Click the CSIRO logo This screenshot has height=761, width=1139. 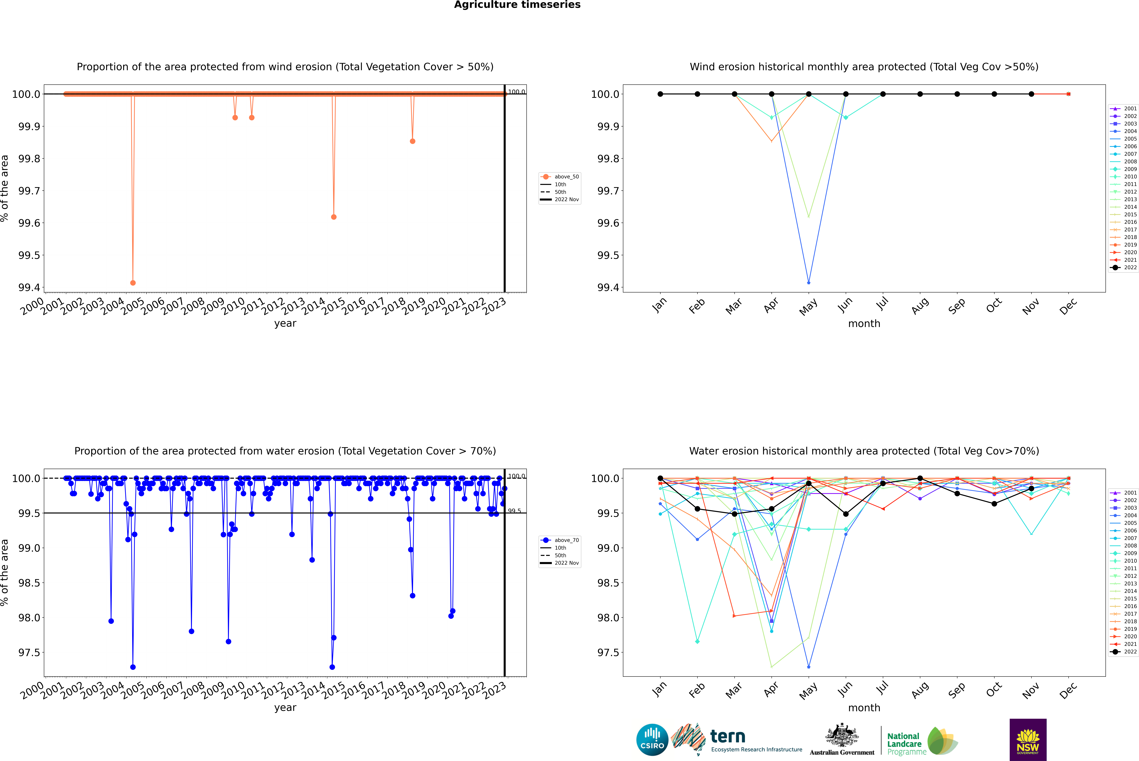pyautogui.click(x=652, y=740)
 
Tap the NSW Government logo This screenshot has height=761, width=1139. pyautogui.click(x=1028, y=740)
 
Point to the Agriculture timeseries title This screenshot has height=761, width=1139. pyautogui.click(x=517, y=5)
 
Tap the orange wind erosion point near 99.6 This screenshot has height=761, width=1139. pyautogui.click(x=334, y=217)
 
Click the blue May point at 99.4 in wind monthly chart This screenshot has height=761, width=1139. pyautogui.click(x=808, y=282)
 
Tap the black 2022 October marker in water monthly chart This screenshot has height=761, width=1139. pyautogui.click(x=994, y=504)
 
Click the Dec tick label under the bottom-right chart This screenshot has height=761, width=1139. pyautogui.click(x=1068, y=690)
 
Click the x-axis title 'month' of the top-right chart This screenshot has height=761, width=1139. pyautogui.click(x=864, y=324)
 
